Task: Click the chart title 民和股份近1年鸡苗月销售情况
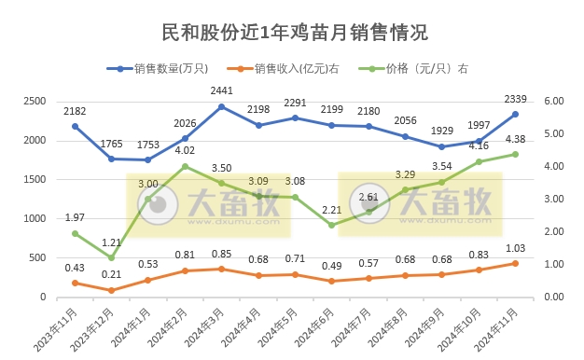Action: click(292, 33)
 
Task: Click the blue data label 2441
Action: click(221, 91)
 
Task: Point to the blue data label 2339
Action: click(515, 100)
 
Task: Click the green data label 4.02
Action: click(185, 150)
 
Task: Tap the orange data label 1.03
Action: click(515, 248)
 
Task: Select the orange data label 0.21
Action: click(111, 275)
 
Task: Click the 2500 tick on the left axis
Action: click(35, 101)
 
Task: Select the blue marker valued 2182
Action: click(75, 126)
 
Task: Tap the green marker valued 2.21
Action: click(331, 225)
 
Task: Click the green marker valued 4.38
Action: click(515, 154)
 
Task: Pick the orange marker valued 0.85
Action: click(221, 269)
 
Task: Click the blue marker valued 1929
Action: click(441, 146)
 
